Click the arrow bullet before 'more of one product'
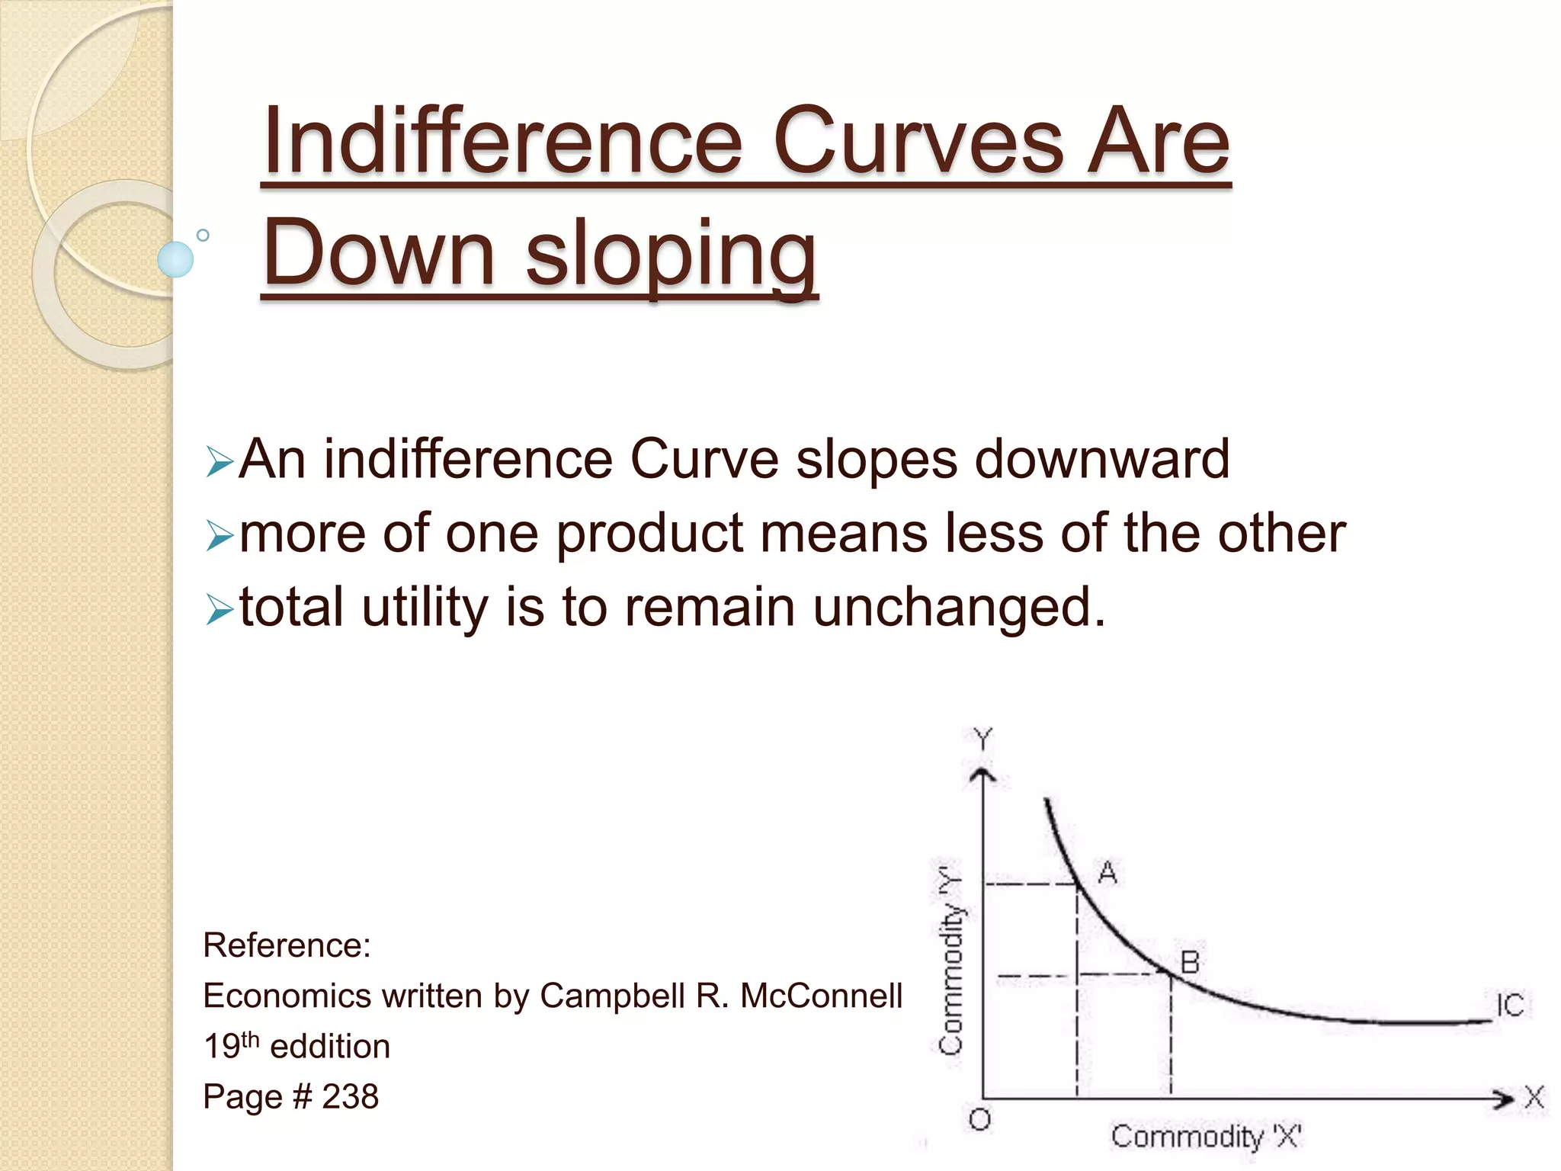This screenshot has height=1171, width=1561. tap(219, 537)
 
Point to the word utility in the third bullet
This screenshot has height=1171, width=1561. tap(424, 608)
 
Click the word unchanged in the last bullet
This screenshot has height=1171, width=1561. tap(959, 608)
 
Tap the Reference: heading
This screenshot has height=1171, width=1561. tap(287, 945)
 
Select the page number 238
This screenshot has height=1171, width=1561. tap(350, 1097)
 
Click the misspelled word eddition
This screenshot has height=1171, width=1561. tap(330, 1047)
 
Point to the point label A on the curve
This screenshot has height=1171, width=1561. tap(1107, 872)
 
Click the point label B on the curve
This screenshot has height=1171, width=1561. tap(1190, 963)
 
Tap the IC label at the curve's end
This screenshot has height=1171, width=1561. tap(1509, 1006)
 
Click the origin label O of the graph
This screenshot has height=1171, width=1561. tap(980, 1119)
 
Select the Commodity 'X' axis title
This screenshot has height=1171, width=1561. tap(1206, 1137)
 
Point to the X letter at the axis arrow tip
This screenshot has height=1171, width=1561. tap(1534, 1098)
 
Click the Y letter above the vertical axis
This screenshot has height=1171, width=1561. tap(983, 739)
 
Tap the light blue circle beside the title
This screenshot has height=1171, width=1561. tap(175, 259)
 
